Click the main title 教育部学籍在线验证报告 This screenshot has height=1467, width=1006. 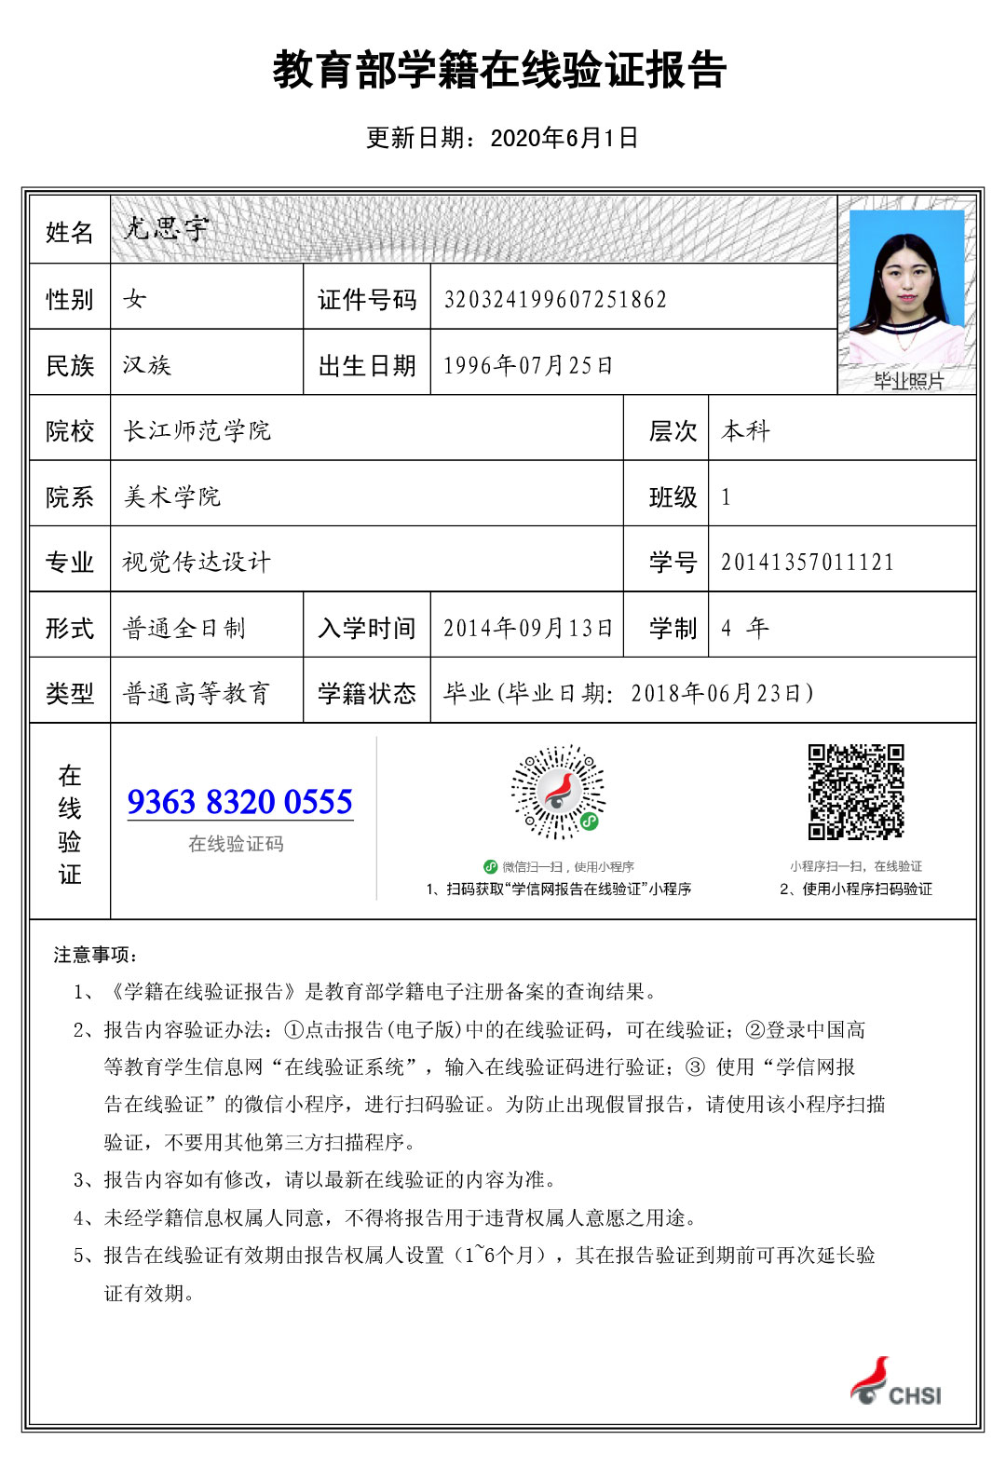click(x=499, y=71)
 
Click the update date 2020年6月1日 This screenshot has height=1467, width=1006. click(x=564, y=138)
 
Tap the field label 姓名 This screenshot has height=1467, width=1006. click(x=70, y=232)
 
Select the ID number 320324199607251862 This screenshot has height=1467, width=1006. click(x=555, y=299)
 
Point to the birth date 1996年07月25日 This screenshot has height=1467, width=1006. click(x=528, y=365)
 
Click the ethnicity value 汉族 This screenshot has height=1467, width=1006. click(x=147, y=365)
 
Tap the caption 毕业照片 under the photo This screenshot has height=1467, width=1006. click(x=908, y=381)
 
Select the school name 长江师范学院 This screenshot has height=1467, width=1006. click(x=197, y=430)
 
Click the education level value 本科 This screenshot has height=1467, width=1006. click(x=746, y=430)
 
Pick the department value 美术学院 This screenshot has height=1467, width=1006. click(x=172, y=496)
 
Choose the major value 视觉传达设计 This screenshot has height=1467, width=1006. click(x=197, y=562)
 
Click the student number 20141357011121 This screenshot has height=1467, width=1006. click(x=807, y=562)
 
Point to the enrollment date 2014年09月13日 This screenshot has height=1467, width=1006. click(x=528, y=628)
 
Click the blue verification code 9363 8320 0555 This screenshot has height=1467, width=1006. click(x=240, y=802)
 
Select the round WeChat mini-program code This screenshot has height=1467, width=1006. click(x=558, y=793)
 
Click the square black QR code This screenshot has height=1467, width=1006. click(x=856, y=792)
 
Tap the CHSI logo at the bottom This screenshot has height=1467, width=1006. click(x=895, y=1382)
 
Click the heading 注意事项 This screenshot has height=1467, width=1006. click(x=96, y=955)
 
